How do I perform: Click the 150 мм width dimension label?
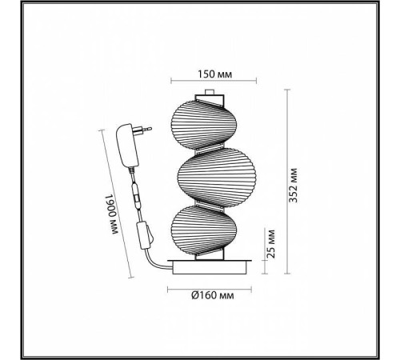tap(214, 74)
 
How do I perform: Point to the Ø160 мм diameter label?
tap(213, 296)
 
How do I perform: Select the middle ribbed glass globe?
tap(213, 177)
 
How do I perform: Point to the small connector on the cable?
tap(138, 197)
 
